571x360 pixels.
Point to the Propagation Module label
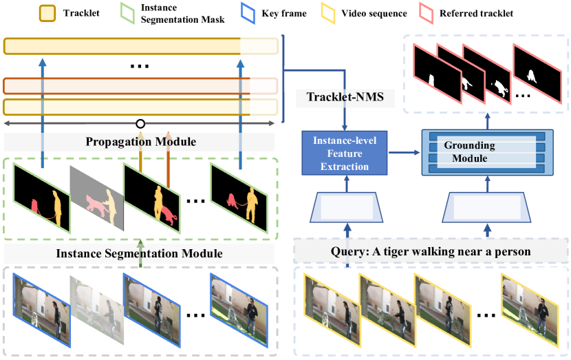tap(140, 142)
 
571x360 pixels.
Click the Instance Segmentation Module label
tap(140, 253)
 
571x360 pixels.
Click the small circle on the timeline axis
tap(140, 124)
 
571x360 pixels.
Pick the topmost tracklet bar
tap(140, 46)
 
